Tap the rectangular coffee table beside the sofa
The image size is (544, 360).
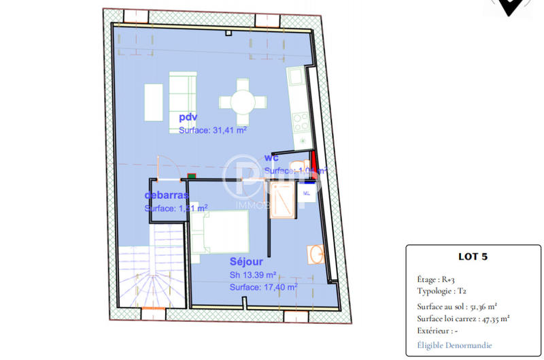point(153,102)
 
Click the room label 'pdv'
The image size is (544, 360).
point(188,118)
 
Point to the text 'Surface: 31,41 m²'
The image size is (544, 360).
point(212,129)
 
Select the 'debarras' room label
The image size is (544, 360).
point(166,196)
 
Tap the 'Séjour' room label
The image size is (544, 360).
point(246,261)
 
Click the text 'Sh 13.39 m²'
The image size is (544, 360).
point(252,275)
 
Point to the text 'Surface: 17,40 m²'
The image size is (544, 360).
point(263,287)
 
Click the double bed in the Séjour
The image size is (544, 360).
point(219,231)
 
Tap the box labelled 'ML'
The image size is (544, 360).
point(306,193)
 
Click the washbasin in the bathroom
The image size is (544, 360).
point(315,255)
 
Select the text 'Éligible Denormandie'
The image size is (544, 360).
point(454,345)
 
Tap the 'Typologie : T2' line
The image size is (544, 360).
point(443,291)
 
